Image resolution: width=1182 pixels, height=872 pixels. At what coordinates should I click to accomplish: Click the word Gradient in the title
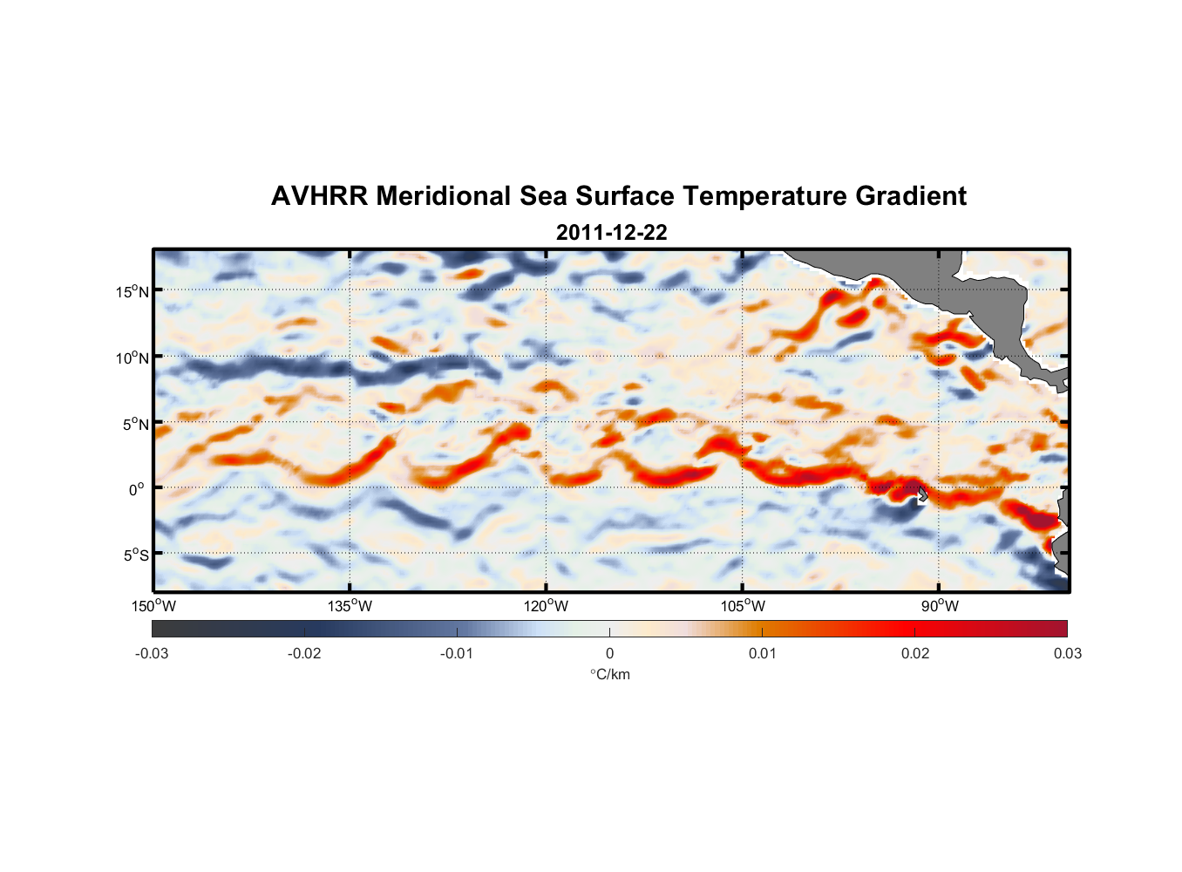point(910,196)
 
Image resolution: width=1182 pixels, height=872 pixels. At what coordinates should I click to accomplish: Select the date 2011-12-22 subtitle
point(611,233)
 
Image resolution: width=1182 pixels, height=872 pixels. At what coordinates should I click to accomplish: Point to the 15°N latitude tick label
point(132,291)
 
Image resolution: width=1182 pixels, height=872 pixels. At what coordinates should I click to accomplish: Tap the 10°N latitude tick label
point(132,358)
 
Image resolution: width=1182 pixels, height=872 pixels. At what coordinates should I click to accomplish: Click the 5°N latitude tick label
point(134,424)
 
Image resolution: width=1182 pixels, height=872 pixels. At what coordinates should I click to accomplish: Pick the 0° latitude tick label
point(137,489)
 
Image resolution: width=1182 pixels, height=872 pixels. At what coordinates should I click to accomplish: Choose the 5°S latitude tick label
point(135,555)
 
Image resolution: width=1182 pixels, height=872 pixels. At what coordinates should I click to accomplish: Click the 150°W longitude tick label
point(153,606)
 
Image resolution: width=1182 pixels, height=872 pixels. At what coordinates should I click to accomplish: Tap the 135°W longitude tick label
point(350,606)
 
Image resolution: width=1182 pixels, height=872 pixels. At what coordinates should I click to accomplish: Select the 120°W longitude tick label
point(547,606)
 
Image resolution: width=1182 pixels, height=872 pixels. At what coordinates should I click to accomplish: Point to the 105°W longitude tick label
point(743,606)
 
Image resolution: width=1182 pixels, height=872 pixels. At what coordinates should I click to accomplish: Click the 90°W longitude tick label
point(940,606)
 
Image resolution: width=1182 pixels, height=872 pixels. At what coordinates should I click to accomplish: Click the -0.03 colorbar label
point(152,653)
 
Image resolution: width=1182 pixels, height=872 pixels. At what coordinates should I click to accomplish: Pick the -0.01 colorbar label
point(457,653)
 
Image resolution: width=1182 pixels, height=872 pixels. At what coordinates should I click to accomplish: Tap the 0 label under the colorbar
point(609,653)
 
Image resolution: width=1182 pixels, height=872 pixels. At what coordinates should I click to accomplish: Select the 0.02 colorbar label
point(915,653)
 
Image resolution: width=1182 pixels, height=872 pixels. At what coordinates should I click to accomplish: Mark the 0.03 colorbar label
point(1067,653)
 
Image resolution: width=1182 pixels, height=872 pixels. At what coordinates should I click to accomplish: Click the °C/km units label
point(609,674)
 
